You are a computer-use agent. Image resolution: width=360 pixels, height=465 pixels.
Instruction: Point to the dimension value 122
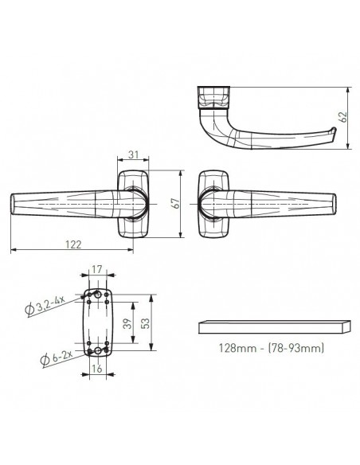(x=72, y=246)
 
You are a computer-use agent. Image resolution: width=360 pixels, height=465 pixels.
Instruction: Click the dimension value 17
(x=98, y=271)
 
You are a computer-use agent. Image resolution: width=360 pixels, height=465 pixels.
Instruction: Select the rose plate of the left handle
(x=132, y=204)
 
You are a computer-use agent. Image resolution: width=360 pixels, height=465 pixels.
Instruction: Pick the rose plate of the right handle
(x=213, y=204)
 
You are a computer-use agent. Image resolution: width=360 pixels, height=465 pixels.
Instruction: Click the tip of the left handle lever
(x=14, y=204)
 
